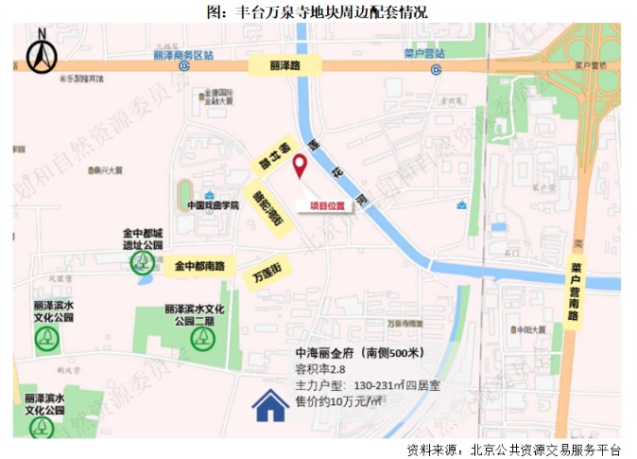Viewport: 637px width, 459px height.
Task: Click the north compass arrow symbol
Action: click(x=41, y=52)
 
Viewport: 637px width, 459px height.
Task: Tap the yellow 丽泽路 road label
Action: click(x=284, y=66)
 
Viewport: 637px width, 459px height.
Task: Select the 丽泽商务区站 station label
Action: click(x=182, y=55)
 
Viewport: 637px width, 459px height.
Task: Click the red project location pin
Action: click(x=301, y=167)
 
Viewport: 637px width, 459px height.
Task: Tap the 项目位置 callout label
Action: click(x=324, y=204)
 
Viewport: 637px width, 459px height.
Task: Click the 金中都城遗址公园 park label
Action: click(x=143, y=238)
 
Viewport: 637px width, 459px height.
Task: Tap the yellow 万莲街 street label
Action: click(x=267, y=275)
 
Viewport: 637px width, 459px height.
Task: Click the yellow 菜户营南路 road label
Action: click(x=575, y=292)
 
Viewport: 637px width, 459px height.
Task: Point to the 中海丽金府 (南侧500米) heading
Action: click(x=359, y=353)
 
